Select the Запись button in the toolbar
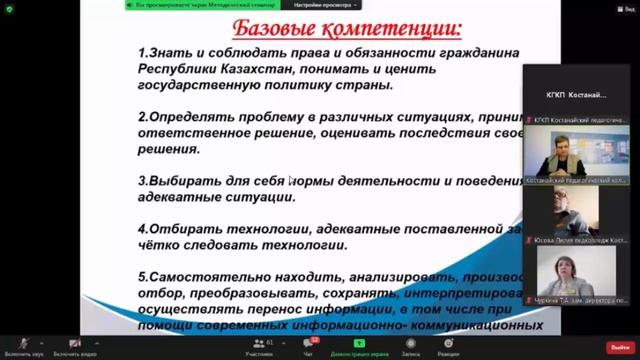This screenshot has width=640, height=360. pyautogui.click(x=410, y=347)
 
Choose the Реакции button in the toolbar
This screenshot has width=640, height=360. pyautogui.click(x=448, y=347)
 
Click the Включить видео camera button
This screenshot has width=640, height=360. pyautogui.click(x=73, y=347)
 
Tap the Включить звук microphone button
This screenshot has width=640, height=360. pyautogui.click(x=22, y=347)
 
